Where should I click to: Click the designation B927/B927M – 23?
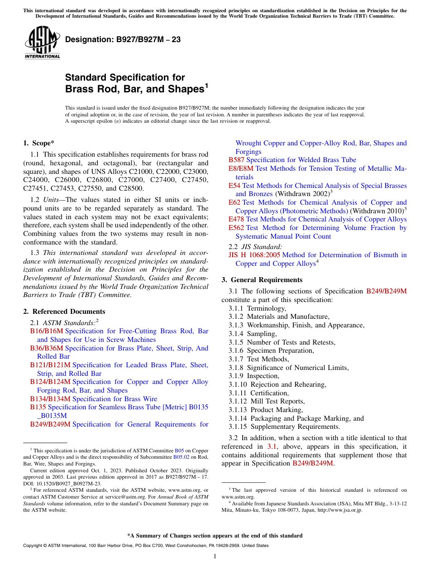pos(123,40)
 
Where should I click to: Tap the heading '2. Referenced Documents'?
pos(64,312)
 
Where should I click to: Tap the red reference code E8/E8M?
pos(241,168)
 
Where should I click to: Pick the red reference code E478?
pos(236,219)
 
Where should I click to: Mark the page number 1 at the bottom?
pos(215,557)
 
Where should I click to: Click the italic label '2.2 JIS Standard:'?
pos(255,247)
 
